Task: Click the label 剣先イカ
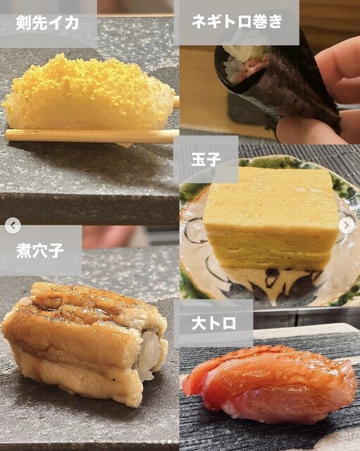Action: coord(47,23)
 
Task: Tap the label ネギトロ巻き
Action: coord(237,21)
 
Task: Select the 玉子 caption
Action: coord(206,159)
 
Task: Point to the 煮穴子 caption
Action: coord(40,250)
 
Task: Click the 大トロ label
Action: coord(213,323)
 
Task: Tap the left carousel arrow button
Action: coord(13,225)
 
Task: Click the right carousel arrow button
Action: coord(346,225)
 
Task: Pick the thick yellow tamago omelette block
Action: coord(271,218)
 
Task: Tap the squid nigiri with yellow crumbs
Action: coord(87,94)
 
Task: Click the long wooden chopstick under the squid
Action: coord(92,136)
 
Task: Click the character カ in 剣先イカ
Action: coord(71,23)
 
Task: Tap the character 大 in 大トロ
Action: coord(199,323)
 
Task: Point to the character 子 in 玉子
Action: coord(214,159)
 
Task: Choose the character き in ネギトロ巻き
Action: coord(275,21)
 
